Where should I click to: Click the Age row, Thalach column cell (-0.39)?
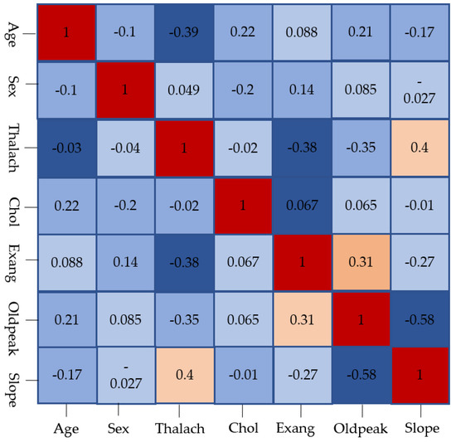(182, 33)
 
